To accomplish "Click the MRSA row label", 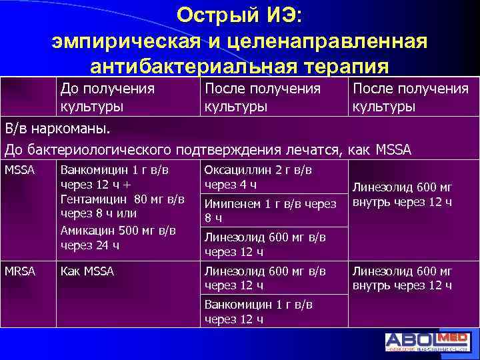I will (19, 271).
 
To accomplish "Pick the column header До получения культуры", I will (107, 97).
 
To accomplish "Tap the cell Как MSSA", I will (87, 271).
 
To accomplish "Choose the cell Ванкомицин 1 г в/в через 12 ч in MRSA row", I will (259, 311).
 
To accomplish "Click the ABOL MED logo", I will (427, 341).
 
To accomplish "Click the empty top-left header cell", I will (28, 97).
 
